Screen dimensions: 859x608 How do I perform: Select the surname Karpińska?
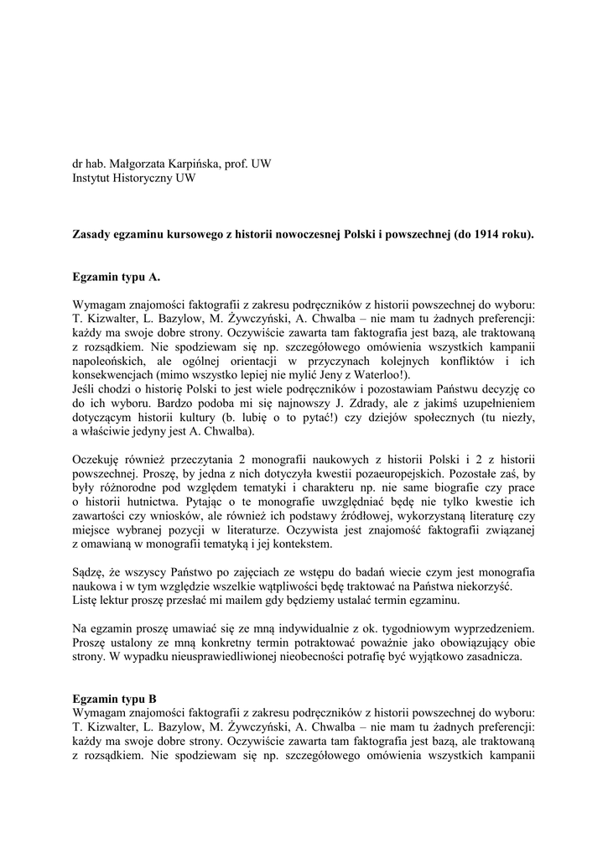[x=195, y=164]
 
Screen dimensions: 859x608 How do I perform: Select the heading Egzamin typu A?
[x=116, y=275]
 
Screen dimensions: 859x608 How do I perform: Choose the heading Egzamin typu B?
[x=115, y=699]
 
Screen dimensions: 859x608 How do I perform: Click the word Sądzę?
[x=89, y=572]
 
